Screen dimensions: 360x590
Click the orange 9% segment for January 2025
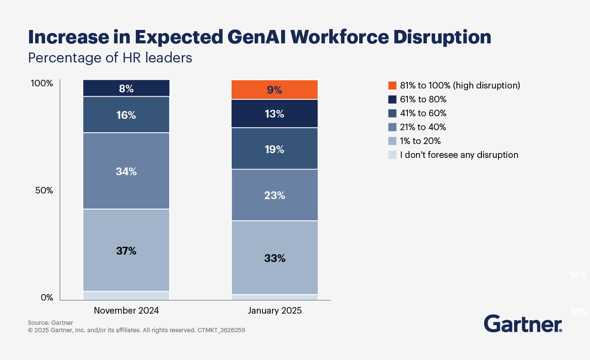pos(274,90)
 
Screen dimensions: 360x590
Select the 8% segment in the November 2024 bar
pos(126,88)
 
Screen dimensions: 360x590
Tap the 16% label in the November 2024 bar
pos(126,115)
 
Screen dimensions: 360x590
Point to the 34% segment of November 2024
pos(126,171)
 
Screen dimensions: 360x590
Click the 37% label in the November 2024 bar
pos(126,251)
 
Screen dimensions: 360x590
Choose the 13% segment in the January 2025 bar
pos(274,114)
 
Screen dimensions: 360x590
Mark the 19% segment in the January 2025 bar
pos(274,149)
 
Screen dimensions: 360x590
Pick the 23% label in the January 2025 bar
pos(274,195)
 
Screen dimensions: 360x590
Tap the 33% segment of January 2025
pos(274,258)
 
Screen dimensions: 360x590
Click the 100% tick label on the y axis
pos(42,83)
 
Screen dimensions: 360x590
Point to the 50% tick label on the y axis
pos(44,190)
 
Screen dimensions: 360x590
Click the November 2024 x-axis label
pos(126,311)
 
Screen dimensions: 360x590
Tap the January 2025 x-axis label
pos(274,311)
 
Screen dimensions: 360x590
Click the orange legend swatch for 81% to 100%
pos(392,85)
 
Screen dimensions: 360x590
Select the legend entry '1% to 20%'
pos(420,141)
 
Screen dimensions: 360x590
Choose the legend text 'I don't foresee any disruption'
pos(459,155)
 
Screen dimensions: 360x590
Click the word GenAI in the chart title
pos(258,38)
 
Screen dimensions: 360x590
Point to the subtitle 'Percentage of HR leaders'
pos(110,58)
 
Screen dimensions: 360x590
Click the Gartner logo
pos(523,324)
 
